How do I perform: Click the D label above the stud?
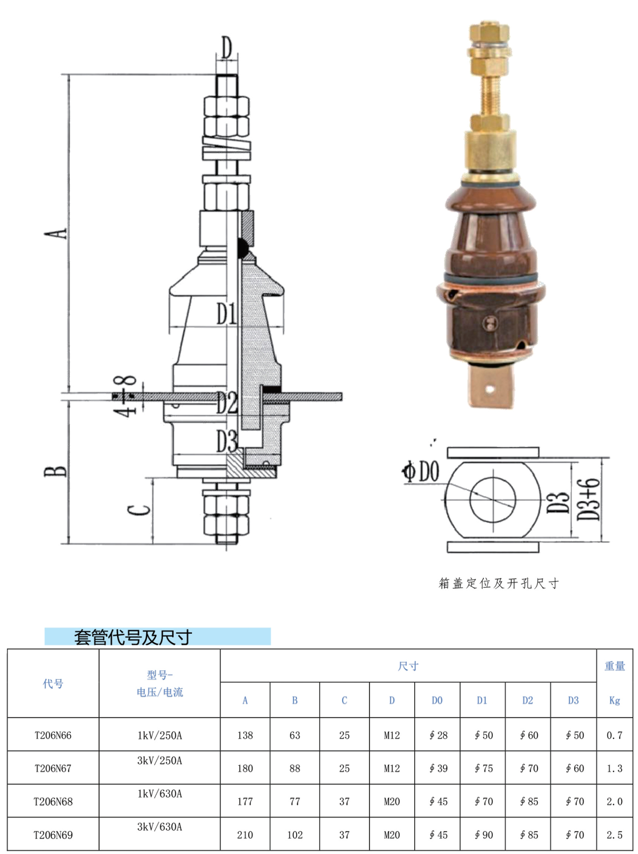point(226,47)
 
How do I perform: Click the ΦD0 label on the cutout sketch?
point(421,471)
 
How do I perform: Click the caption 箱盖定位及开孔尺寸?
point(499,583)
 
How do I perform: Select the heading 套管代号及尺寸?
point(133,637)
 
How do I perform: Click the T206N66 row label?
point(53,735)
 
